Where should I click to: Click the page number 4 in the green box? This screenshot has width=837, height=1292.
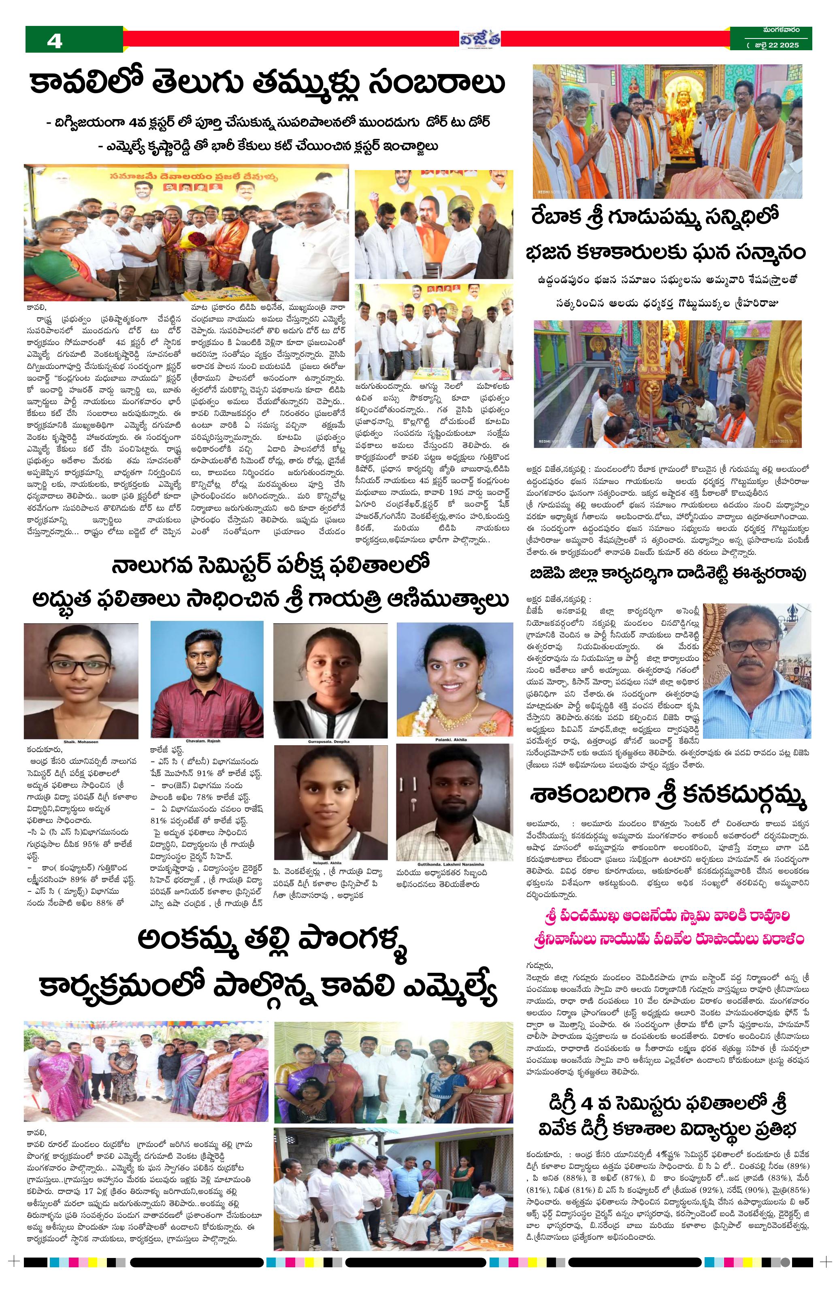coord(55,41)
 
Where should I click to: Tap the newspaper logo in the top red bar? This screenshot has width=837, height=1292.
coord(480,38)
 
